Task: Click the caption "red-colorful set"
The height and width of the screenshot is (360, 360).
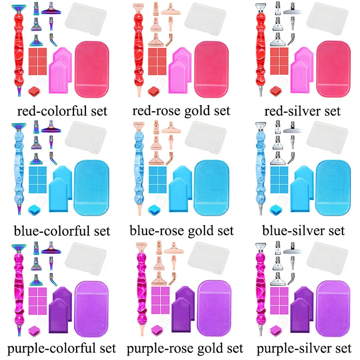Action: point(62,110)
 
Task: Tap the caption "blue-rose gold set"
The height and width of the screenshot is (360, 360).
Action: point(181,230)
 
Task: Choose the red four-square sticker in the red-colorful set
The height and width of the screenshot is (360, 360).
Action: point(38,61)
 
